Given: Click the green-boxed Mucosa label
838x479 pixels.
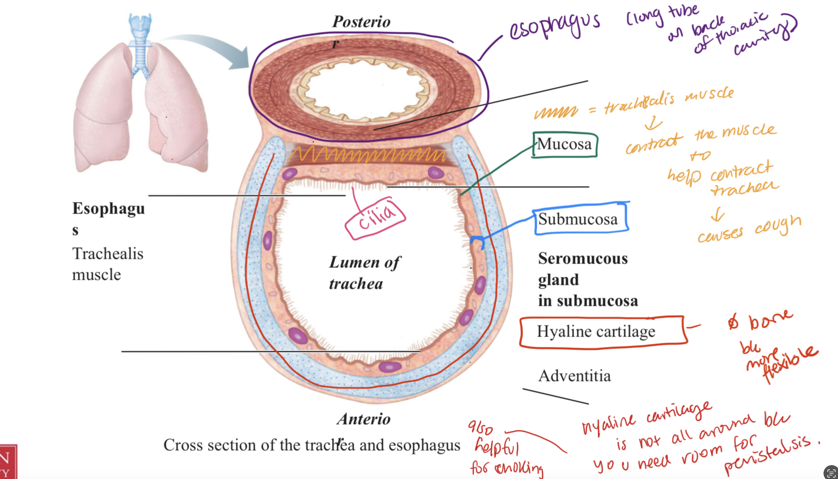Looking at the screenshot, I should [x=564, y=144].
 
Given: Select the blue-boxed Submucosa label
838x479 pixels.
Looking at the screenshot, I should [x=578, y=219].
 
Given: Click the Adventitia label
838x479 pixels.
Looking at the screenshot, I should [x=574, y=376].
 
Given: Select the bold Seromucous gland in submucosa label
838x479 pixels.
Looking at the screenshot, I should [x=587, y=280].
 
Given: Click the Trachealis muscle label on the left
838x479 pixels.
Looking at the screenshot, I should [x=107, y=264].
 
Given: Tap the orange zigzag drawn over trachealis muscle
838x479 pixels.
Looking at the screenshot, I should [x=365, y=155].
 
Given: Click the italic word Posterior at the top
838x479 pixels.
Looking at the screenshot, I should [x=361, y=22].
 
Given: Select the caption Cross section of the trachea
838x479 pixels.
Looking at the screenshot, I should [x=311, y=446].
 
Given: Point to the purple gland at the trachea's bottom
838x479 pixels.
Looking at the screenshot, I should [x=390, y=366].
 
